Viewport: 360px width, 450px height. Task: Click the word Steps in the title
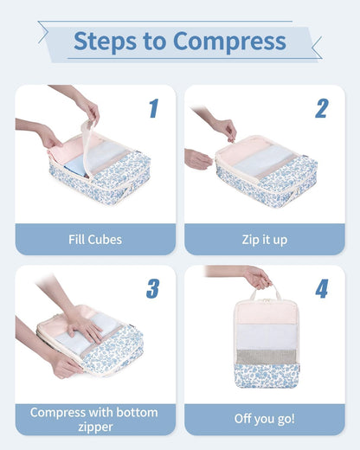pyautogui.click(x=102, y=41)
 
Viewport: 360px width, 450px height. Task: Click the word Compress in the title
pyautogui.click(x=228, y=41)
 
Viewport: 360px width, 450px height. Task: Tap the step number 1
pyautogui.click(x=153, y=109)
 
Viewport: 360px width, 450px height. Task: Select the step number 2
pyautogui.click(x=321, y=109)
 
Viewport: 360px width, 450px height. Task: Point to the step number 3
pyautogui.click(x=152, y=289)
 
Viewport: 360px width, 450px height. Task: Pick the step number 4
pyautogui.click(x=321, y=289)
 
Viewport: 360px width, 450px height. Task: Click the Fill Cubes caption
pyautogui.click(x=94, y=239)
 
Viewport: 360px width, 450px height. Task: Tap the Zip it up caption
pyautogui.click(x=264, y=239)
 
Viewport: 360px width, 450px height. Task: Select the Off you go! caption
pyautogui.click(x=264, y=419)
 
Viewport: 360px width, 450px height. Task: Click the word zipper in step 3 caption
pyautogui.click(x=94, y=427)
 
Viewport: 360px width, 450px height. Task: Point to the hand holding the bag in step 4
pyautogui.click(x=256, y=278)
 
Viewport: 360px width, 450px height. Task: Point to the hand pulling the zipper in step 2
pyautogui.click(x=224, y=129)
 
